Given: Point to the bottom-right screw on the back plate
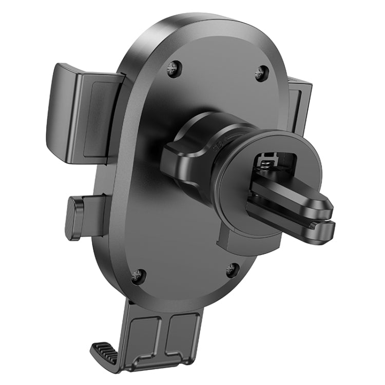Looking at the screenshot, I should pyautogui.click(x=232, y=268).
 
